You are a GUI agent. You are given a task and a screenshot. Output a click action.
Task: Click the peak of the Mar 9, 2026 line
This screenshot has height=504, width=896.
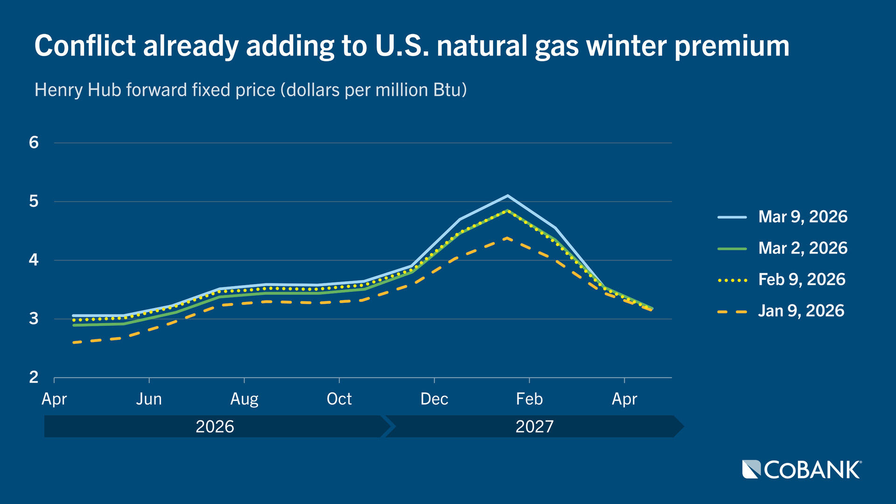[x=508, y=196]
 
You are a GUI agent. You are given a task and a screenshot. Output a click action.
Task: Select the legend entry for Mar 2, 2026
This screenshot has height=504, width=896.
[x=802, y=248]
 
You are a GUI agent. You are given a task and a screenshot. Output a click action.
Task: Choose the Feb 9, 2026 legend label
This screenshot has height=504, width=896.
[x=801, y=280]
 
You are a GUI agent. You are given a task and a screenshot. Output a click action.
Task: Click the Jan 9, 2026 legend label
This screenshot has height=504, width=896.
[x=801, y=311]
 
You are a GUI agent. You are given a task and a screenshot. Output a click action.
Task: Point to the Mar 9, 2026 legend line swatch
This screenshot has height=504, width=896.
[x=732, y=217]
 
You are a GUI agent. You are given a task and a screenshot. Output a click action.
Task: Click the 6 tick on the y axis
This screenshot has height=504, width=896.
[x=34, y=143]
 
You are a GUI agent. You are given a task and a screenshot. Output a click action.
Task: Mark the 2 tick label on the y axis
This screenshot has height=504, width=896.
[x=34, y=377]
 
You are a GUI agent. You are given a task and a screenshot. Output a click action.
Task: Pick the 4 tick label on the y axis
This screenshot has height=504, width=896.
[x=34, y=260]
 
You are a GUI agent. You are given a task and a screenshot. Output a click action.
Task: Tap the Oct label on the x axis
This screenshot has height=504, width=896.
[x=339, y=399]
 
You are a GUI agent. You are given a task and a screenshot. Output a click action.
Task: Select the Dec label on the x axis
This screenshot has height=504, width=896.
[x=434, y=399]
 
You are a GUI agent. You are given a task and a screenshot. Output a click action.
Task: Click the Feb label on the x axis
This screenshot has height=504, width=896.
[x=529, y=399]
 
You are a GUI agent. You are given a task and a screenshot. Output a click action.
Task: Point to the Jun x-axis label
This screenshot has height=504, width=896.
[x=149, y=399]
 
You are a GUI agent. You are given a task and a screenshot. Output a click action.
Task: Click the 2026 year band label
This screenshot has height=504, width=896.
[x=215, y=427]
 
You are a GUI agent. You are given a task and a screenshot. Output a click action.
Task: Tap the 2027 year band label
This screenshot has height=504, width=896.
[x=534, y=427]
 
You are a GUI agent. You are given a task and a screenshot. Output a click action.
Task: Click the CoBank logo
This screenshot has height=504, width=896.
[x=802, y=469]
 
